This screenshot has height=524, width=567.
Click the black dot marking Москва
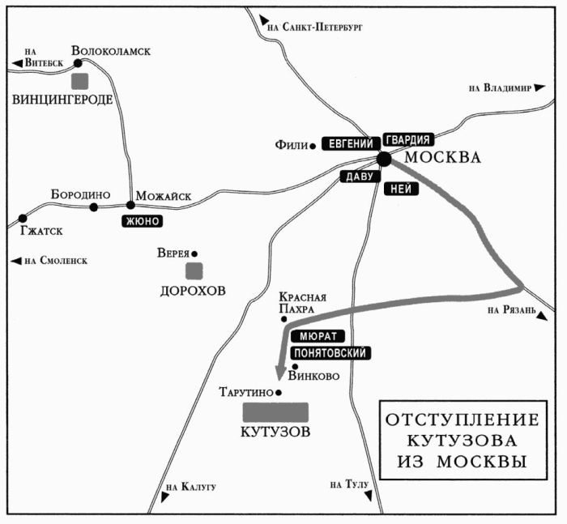tap(384, 159)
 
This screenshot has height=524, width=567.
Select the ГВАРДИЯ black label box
tap(410, 138)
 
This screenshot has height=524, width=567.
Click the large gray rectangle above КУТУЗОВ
tap(276, 411)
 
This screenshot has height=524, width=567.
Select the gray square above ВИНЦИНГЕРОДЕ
tap(79, 81)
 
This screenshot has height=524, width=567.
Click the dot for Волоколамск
tap(79, 62)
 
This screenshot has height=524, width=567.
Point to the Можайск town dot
tap(130, 205)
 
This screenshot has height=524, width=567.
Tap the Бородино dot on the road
tap(94, 207)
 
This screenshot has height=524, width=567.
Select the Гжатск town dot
tap(23, 219)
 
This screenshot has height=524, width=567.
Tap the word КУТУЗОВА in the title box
tap(460, 441)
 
